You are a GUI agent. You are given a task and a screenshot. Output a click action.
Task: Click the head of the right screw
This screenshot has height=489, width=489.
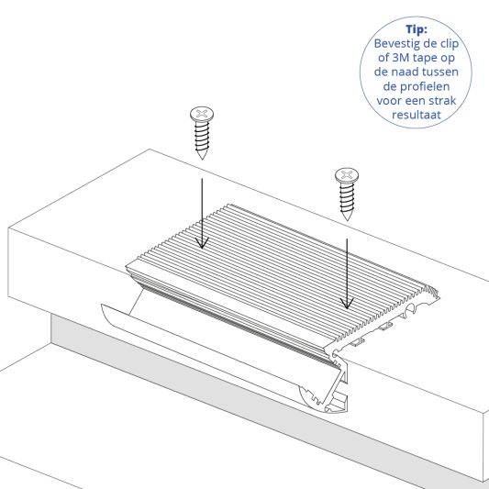pos(347,174)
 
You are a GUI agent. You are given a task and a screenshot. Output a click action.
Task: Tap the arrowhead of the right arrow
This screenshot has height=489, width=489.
pos(346,304)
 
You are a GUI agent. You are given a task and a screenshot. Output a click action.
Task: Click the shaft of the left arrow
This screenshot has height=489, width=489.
pos(203,206)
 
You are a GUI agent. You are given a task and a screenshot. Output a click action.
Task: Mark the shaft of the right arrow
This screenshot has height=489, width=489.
pos(346,266)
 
